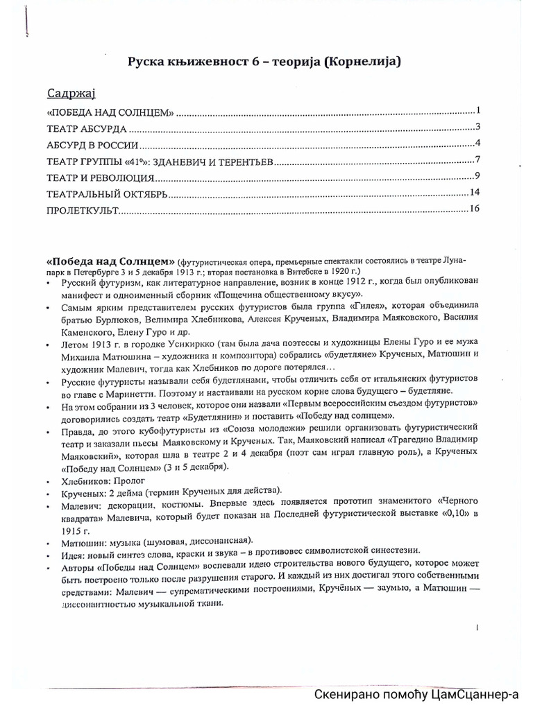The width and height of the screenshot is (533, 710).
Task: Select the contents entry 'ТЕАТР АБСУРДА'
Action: [87, 129]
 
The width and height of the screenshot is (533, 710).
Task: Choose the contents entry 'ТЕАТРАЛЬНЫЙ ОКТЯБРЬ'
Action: [108, 195]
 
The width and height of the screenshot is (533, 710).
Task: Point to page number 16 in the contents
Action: [474, 209]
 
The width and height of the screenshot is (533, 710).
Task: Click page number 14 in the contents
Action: [475, 192]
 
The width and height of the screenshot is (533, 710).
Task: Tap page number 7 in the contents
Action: [477, 161]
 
